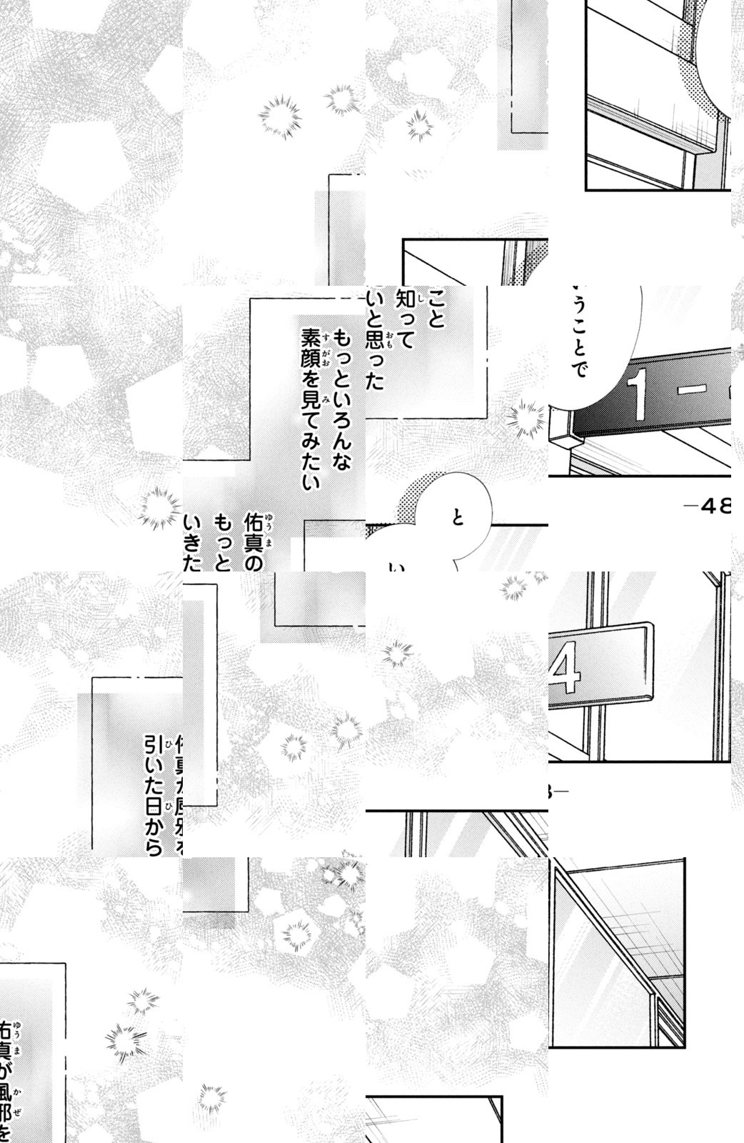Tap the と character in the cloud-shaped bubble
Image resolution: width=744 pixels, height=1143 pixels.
pyautogui.click(x=458, y=518)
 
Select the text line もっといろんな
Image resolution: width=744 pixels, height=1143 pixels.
pyautogui.click(x=342, y=401)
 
